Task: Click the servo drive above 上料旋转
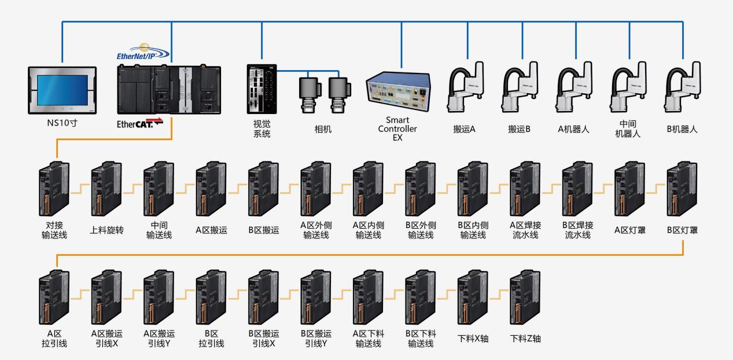click(106, 188)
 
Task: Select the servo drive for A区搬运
click(211, 188)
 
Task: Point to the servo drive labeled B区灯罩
click(682, 188)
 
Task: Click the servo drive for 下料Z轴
click(525, 298)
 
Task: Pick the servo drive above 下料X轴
click(473, 298)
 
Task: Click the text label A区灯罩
click(629, 230)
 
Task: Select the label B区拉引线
click(211, 339)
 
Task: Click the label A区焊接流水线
click(525, 230)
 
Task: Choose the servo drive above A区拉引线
click(54, 298)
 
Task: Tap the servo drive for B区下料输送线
click(420, 298)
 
